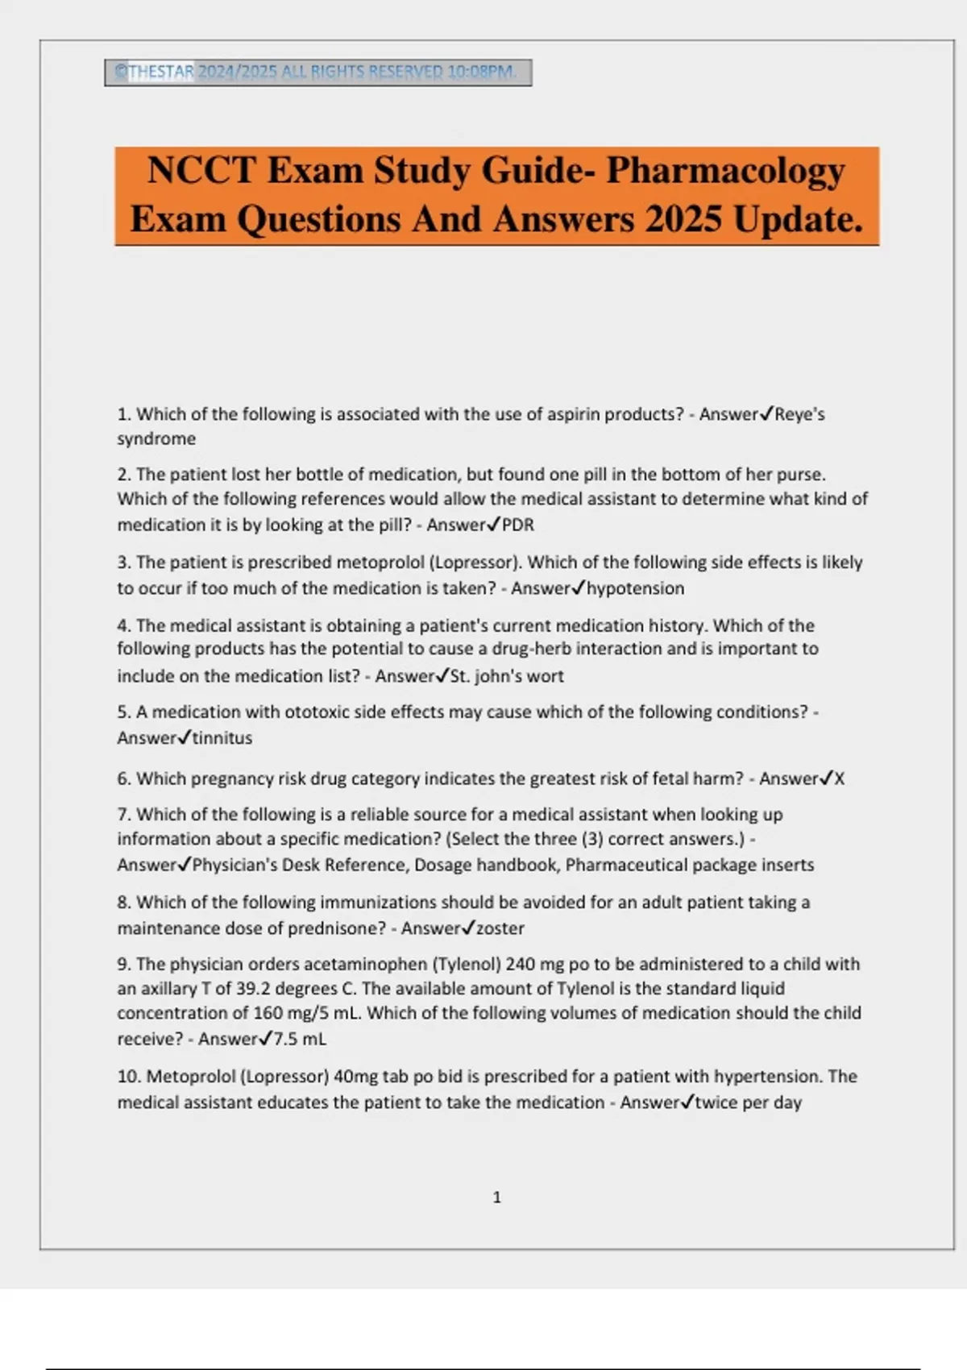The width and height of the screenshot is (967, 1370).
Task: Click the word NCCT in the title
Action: pyautogui.click(x=201, y=171)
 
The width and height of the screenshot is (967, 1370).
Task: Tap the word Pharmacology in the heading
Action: pyautogui.click(x=725, y=171)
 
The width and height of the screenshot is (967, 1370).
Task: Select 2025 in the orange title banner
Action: pyautogui.click(x=683, y=219)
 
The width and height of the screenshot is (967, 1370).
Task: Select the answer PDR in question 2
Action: pyautogui.click(x=518, y=525)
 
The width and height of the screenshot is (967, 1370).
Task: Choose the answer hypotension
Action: pyautogui.click(x=636, y=588)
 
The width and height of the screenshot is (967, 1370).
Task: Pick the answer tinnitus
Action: pyautogui.click(x=222, y=737)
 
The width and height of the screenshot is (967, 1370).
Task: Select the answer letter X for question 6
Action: pyautogui.click(x=840, y=778)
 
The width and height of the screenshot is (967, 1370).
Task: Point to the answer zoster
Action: pyautogui.click(x=500, y=928)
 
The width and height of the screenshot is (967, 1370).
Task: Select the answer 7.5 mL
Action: pyautogui.click(x=300, y=1039)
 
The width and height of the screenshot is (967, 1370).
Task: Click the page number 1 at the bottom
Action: pyautogui.click(x=496, y=1198)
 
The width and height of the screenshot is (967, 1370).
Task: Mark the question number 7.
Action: pyautogui.click(x=122, y=814)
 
